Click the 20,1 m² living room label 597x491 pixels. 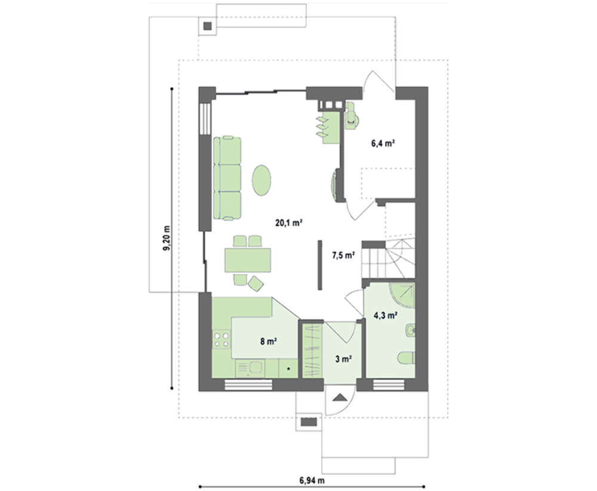pyautogui.click(x=288, y=223)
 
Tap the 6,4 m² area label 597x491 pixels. pyautogui.click(x=383, y=143)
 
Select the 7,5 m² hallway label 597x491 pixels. pyautogui.click(x=343, y=255)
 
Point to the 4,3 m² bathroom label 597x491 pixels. pyautogui.click(x=385, y=315)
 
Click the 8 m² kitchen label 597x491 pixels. pyautogui.click(x=269, y=341)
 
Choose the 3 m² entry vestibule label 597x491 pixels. pyautogui.click(x=343, y=358)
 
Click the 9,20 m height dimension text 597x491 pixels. pyautogui.click(x=167, y=238)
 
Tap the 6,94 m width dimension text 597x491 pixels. pyautogui.click(x=312, y=480)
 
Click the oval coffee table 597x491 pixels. pyautogui.click(x=261, y=180)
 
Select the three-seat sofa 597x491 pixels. pyautogui.click(x=227, y=178)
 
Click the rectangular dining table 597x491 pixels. pyautogui.click(x=248, y=260)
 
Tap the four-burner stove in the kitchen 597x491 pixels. pyautogui.click(x=221, y=340)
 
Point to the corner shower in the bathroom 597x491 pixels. pyautogui.click(x=402, y=295)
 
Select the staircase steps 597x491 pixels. pyautogui.click(x=387, y=258)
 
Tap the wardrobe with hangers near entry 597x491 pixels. pyautogui.click(x=312, y=351)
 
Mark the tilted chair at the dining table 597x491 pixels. pyautogui.click(x=256, y=283)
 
